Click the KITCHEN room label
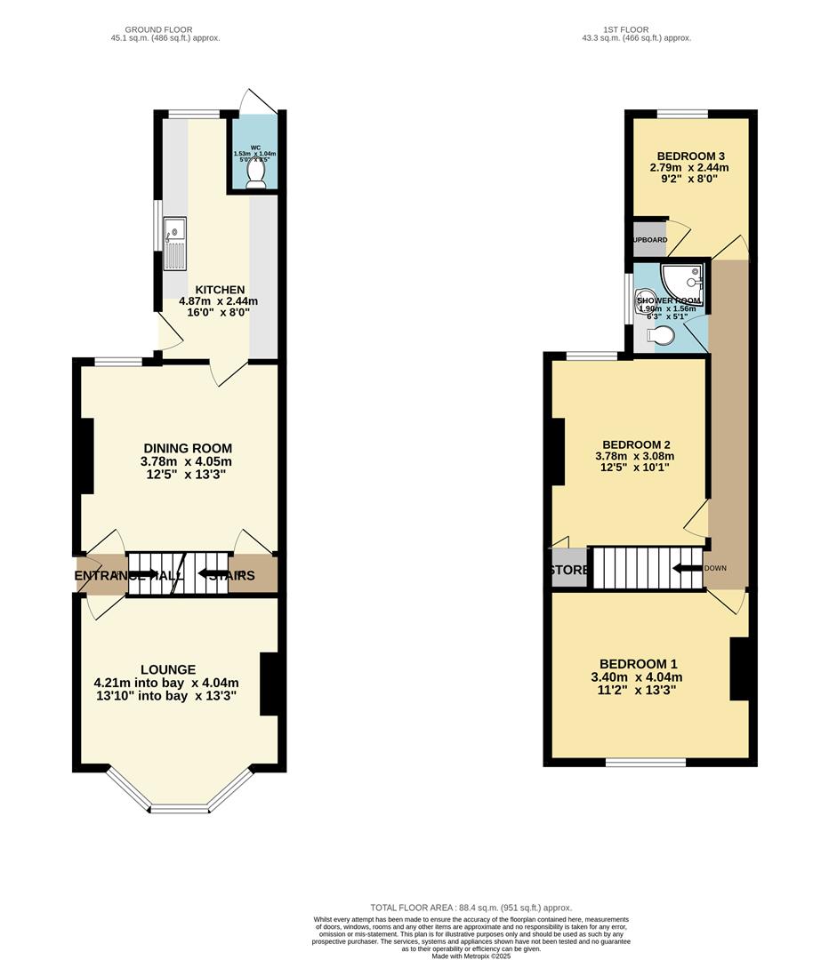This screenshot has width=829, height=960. [x=220, y=290]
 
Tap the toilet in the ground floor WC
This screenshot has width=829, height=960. [x=255, y=174]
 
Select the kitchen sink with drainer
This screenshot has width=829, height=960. [x=175, y=244]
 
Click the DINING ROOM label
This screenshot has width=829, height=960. [x=188, y=448]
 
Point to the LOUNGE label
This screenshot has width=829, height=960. [x=168, y=669]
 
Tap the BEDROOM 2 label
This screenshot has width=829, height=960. [x=636, y=444]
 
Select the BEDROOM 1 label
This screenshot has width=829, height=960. [x=639, y=663]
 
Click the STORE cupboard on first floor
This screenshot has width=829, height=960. [x=569, y=570]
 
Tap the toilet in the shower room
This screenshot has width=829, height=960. [x=662, y=336]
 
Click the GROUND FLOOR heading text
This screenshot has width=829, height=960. [x=158, y=29]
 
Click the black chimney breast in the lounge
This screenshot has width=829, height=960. [x=270, y=684]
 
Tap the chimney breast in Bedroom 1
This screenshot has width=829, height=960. [x=738, y=669]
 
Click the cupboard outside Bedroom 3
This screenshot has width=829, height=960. [x=649, y=240]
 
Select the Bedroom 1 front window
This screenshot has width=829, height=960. [x=646, y=762]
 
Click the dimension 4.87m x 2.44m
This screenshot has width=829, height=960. [x=219, y=301]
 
